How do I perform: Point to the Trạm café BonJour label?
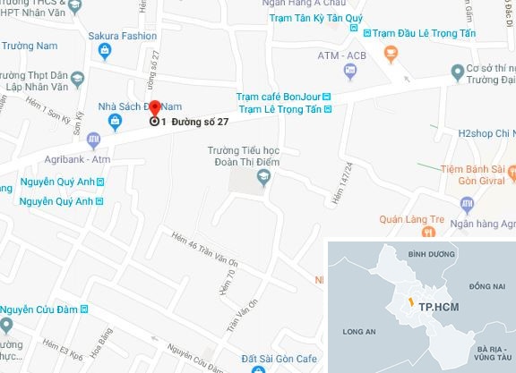(x=277, y=97)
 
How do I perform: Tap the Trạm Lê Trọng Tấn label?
(x=278, y=111)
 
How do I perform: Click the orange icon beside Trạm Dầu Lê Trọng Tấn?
(x=391, y=53)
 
